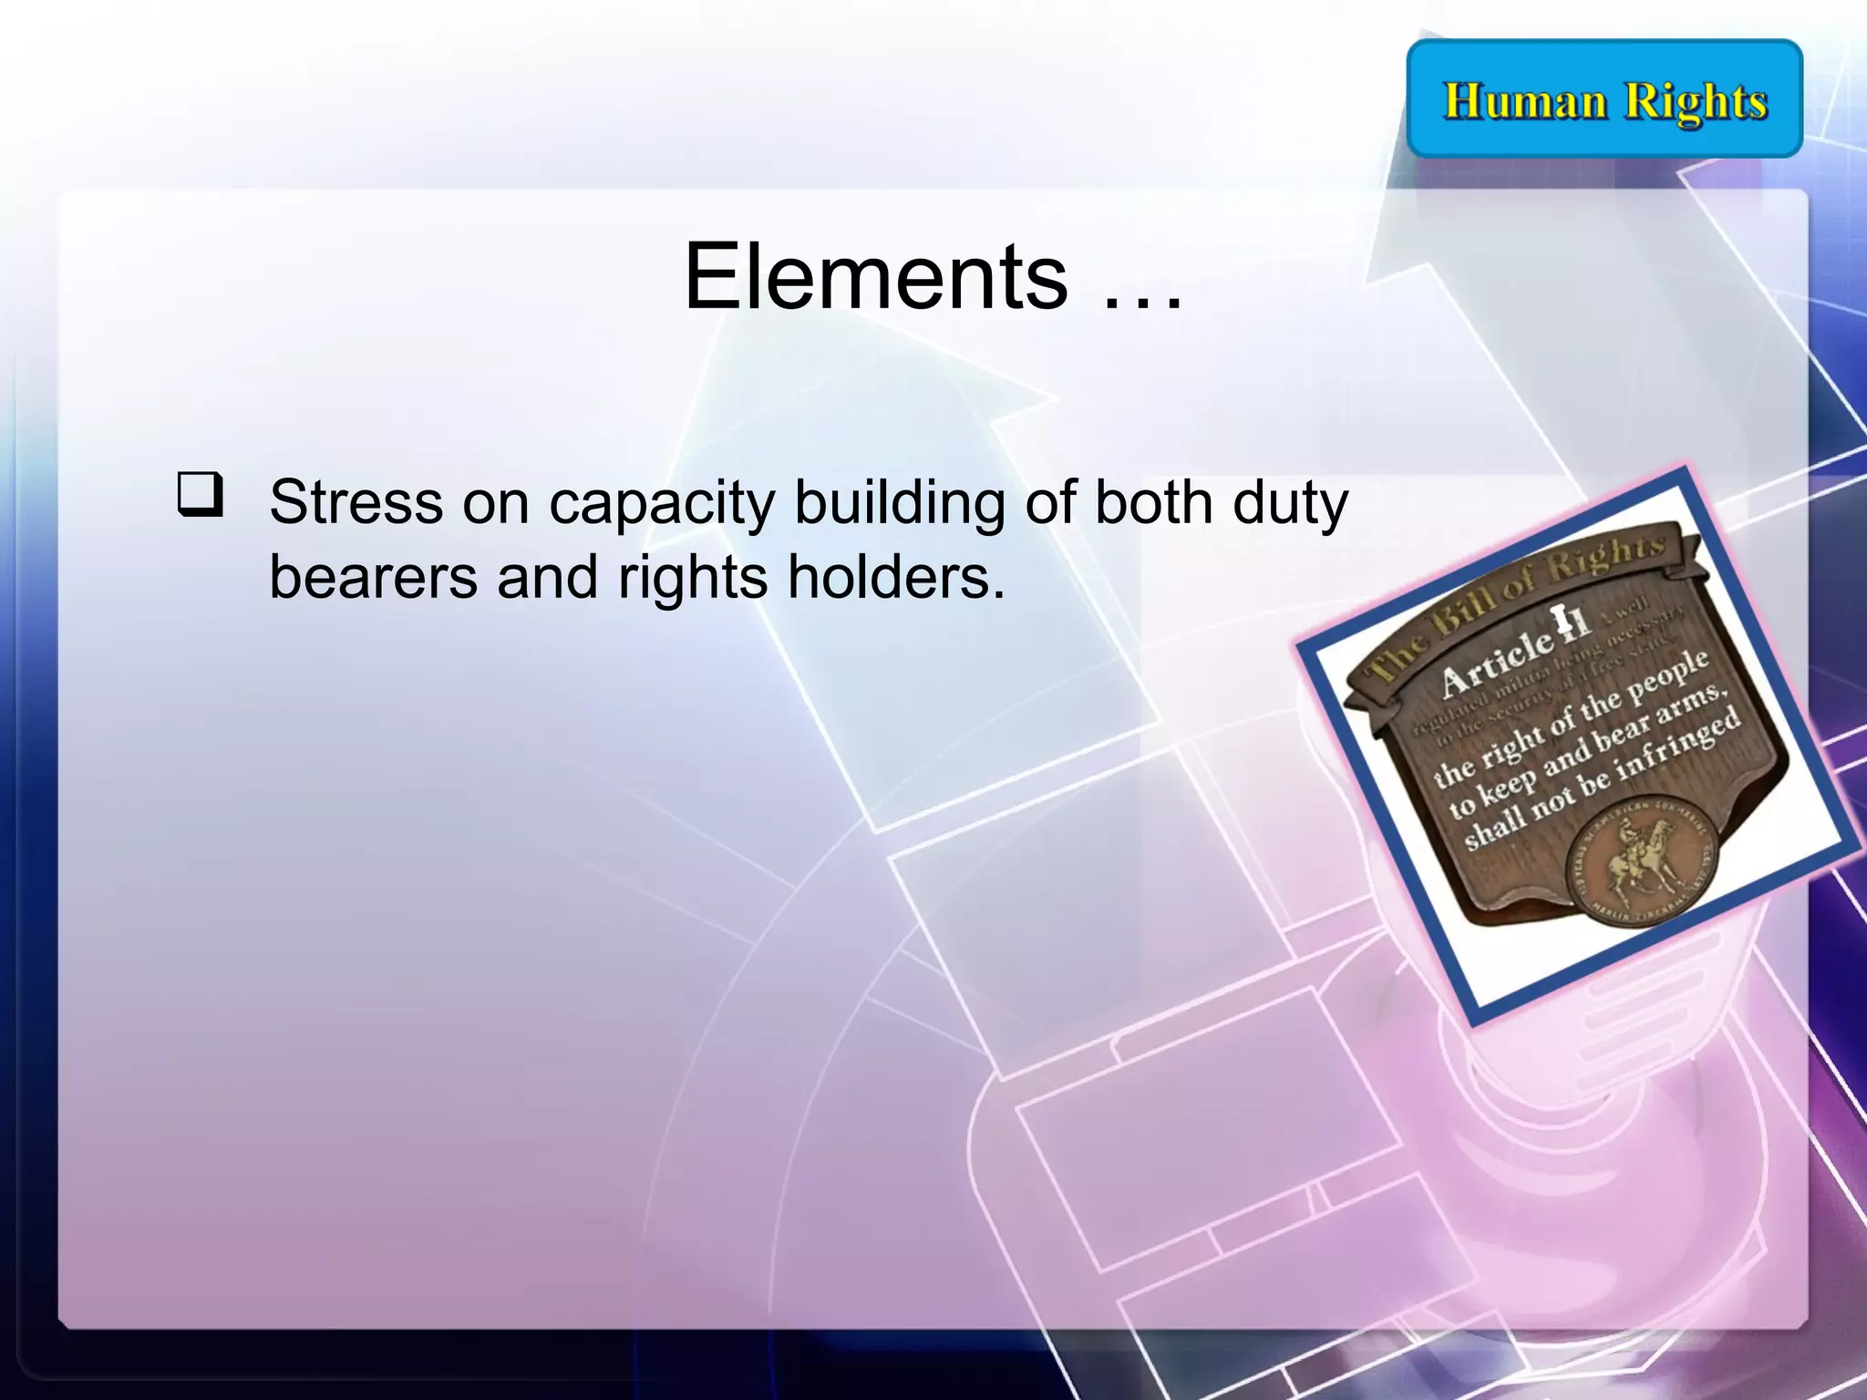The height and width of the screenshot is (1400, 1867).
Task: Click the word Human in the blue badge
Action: (x=1524, y=100)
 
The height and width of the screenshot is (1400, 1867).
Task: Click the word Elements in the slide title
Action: (x=875, y=276)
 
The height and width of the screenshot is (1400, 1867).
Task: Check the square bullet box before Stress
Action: (x=200, y=495)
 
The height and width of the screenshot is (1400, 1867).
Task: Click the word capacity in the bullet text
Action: (x=661, y=504)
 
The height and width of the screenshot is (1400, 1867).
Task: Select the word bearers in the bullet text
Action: (x=373, y=578)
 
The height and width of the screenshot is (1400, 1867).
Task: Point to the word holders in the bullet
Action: (x=896, y=578)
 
